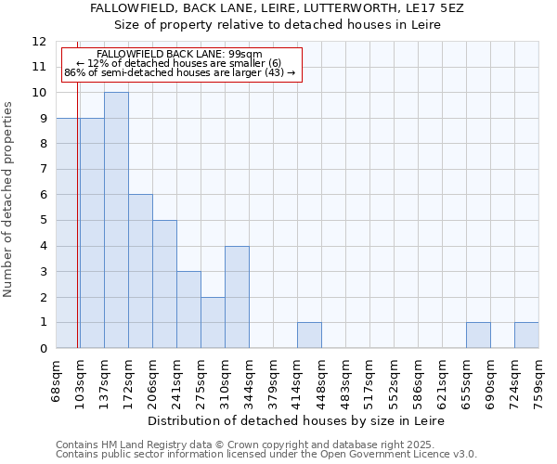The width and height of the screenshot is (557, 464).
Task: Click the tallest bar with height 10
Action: (x=116, y=220)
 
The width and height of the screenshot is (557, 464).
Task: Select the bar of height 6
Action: (x=140, y=271)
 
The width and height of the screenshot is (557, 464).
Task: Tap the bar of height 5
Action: (x=164, y=284)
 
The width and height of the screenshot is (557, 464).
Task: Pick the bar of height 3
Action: (x=188, y=309)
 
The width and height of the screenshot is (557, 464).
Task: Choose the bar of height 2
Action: (x=213, y=322)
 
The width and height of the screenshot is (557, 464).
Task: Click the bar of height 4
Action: (x=237, y=297)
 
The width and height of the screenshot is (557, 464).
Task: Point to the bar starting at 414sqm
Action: (x=309, y=335)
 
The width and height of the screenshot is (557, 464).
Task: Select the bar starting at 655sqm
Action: (x=478, y=335)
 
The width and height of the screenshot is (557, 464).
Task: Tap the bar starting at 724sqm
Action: (x=526, y=335)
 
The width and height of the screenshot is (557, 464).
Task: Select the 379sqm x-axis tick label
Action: (x=274, y=380)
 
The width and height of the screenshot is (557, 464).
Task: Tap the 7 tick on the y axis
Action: (x=43, y=169)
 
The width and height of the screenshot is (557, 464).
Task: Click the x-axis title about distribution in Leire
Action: (x=296, y=420)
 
